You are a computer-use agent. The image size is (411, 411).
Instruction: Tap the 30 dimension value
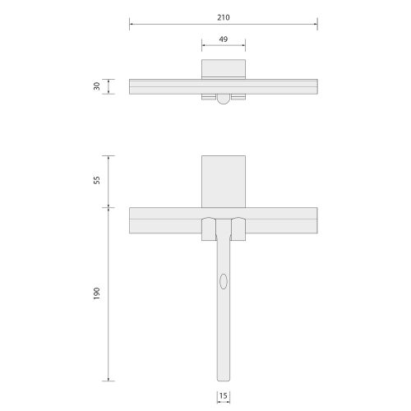[x=97, y=87]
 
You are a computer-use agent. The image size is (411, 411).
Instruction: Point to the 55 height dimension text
[x=97, y=180]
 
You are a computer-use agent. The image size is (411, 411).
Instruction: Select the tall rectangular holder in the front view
[x=224, y=181]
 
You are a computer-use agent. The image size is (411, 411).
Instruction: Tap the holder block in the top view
[x=224, y=68]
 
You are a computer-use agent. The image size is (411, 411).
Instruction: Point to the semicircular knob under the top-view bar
[x=224, y=99]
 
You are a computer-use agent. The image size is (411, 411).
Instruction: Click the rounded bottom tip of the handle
[x=224, y=378]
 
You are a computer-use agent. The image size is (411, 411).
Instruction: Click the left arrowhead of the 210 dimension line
[x=132, y=25]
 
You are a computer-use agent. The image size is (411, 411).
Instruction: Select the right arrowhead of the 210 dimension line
[x=316, y=25]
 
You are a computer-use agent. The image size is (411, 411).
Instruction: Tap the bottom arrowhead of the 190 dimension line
[x=111, y=379]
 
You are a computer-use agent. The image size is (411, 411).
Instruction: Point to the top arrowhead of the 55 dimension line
[x=111, y=157]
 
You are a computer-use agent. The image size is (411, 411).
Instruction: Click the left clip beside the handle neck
[x=208, y=229]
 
